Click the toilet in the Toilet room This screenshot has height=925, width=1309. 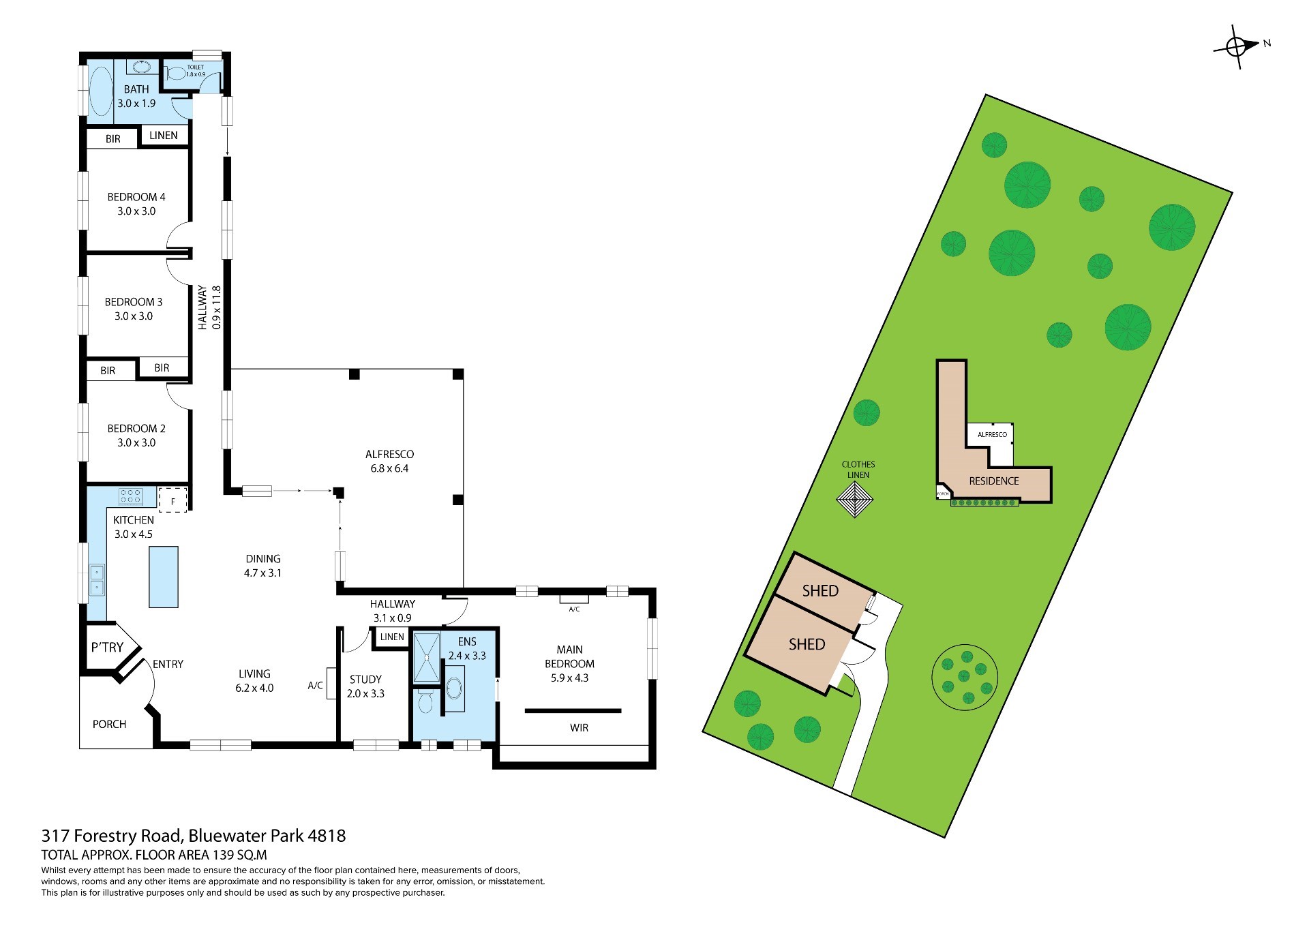[175, 73]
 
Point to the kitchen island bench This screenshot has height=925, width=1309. [164, 577]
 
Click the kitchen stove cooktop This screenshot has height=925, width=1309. [130, 496]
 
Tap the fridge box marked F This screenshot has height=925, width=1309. [173, 500]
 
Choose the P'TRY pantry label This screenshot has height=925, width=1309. [107, 648]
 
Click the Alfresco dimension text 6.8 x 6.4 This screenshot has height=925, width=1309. [389, 468]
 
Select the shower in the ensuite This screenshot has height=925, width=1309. [427, 658]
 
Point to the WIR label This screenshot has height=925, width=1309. [579, 728]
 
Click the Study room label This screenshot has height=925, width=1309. [365, 680]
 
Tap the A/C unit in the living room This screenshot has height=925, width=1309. [331, 684]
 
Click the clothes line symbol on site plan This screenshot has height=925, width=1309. [855, 500]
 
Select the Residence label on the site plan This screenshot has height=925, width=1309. [994, 481]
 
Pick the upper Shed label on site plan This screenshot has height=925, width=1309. [820, 591]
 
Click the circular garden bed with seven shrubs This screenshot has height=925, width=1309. [965, 678]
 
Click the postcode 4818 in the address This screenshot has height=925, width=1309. [327, 836]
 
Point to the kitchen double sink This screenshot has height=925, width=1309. [97, 579]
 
